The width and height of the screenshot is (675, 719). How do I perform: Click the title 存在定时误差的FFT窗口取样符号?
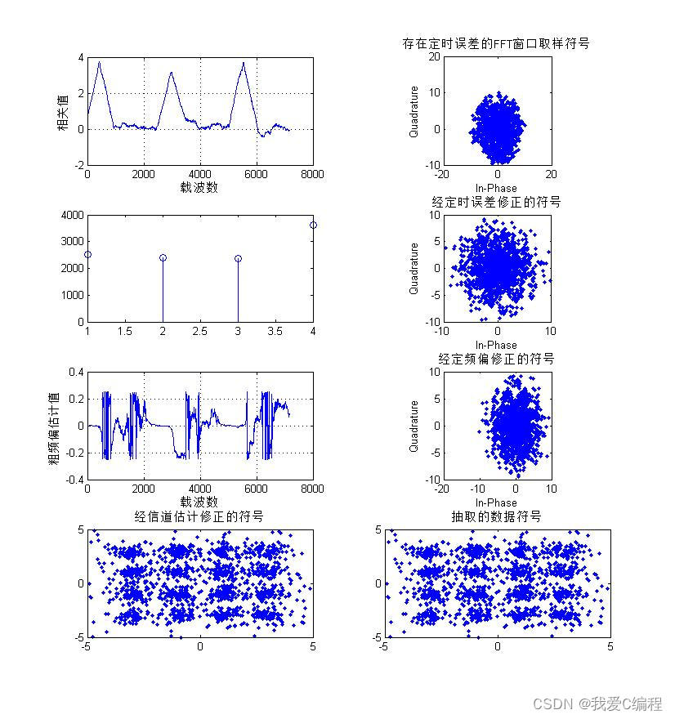496,43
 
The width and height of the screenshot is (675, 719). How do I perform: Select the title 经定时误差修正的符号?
496,201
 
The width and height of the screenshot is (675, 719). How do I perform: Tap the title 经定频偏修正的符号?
496,359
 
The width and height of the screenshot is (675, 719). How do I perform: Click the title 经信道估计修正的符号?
199,516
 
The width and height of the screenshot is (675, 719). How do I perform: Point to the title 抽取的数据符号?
496,516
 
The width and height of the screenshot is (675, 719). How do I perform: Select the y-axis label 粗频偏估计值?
53,426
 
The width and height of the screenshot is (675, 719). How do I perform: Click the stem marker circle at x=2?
163,257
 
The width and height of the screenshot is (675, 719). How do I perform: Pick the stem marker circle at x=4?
313,225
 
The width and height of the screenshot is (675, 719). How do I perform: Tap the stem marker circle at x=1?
87,255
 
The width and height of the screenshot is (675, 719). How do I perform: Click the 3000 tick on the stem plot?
72,242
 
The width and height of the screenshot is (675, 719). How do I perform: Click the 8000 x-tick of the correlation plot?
313,173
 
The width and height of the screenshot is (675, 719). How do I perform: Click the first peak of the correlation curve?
99,62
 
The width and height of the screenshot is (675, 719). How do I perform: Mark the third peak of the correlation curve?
244,63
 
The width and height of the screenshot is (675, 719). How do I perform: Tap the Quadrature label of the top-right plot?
413,112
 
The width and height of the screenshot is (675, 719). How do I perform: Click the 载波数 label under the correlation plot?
199,187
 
